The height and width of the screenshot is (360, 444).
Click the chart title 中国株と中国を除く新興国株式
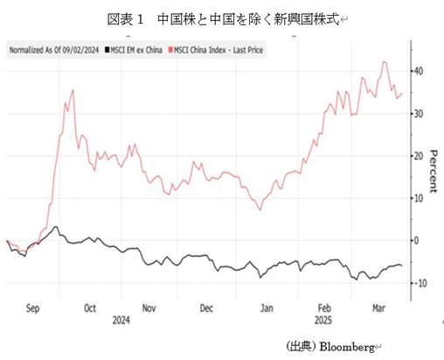(221, 17)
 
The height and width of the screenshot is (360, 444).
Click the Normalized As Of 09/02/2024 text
(54, 50)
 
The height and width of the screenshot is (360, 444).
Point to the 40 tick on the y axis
(420, 71)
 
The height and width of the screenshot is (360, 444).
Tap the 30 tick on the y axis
(420, 114)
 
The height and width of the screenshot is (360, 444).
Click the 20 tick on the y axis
(420, 156)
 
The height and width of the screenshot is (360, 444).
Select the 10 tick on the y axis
(420, 198)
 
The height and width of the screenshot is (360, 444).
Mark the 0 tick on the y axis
(418, 240)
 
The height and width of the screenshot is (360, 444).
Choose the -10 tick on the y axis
(420, 283)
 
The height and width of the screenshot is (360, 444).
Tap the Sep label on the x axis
(33, 308)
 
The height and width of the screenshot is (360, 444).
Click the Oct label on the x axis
(91, 308)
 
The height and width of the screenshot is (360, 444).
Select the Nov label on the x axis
(149, 308)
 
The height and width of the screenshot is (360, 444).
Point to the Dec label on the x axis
(207, 308)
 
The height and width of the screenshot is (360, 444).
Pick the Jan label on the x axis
(267, 308)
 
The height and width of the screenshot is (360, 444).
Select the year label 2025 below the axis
(323, 320)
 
